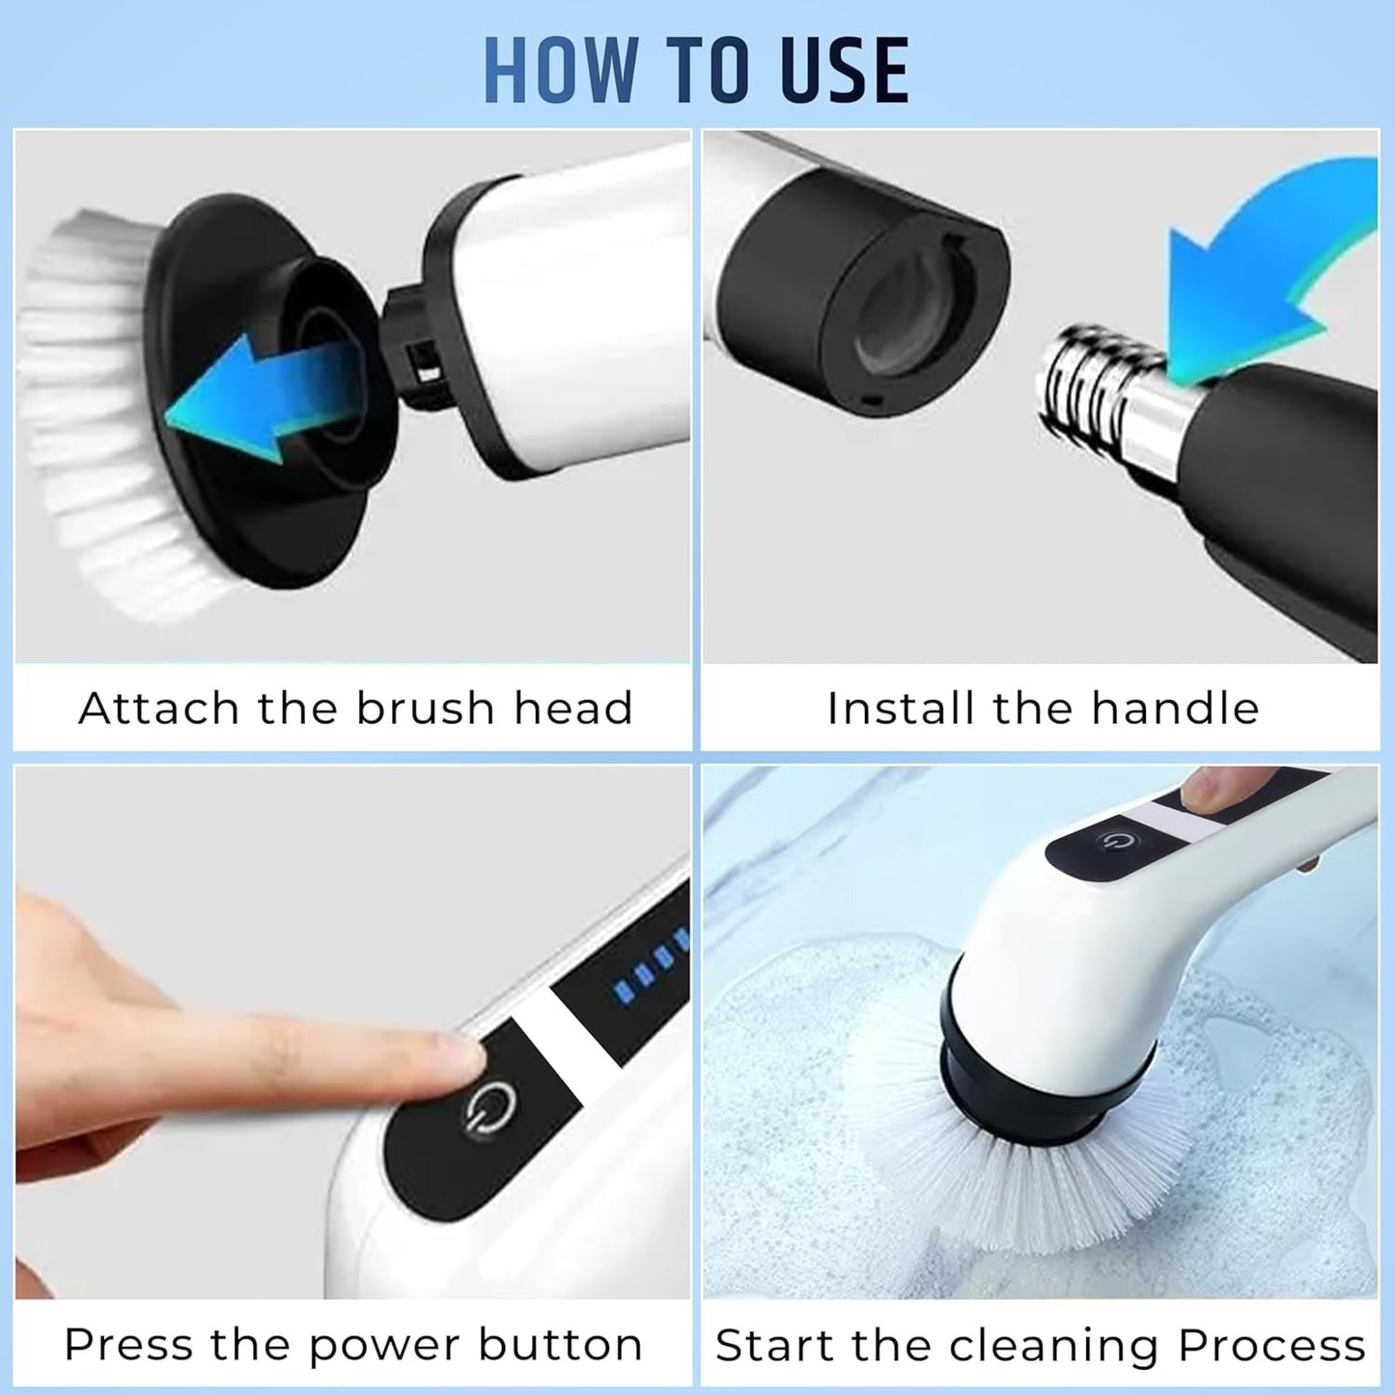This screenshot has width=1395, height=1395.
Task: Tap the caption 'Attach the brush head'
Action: pyautogui.click(x=355, y=708)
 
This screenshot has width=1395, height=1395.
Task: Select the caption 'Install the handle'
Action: pyautogui.click(x=1043, y=708)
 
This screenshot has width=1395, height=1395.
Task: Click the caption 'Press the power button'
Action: pyautogui.click(x=353, y=1344)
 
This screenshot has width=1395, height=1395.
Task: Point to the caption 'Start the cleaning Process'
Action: pyautogui.click(x=1041, y=1345)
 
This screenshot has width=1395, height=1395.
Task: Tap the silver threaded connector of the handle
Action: pyautogui.click(x=1101, y=401)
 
